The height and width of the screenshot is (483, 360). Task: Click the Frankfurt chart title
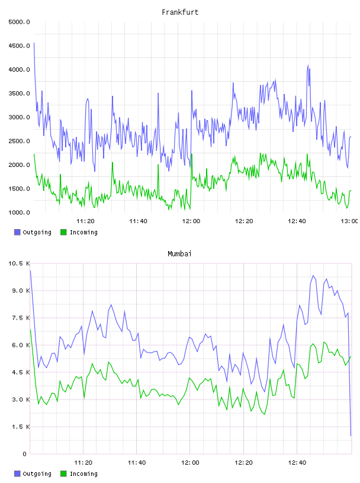pyautogui.click(x=180, y=12)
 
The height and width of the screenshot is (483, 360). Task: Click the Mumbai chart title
pyautogui.click(x=179, y=254)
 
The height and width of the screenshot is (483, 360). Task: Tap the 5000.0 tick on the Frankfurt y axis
pyautogui.click(x=19, y=22)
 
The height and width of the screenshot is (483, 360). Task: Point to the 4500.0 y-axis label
pyautogui.click(x=19, y=46)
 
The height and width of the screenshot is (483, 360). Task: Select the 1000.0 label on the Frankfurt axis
pyautogui.click(x=19, y=212)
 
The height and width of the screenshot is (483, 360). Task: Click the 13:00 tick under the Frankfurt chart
pyautogui.click(x=349, y=221)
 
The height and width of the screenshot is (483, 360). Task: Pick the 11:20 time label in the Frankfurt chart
pyautogui.click(x=85, y=221)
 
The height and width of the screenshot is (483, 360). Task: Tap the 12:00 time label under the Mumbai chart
pyautogui.click(x=190, y=463)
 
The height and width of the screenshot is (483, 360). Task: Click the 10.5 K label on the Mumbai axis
pyautogui.click(x=19, y=263)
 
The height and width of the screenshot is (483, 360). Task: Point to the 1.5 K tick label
pyautogui.click(x=21, y=427)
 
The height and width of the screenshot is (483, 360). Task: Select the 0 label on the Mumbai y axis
pyautogui.click(x=24, y=454)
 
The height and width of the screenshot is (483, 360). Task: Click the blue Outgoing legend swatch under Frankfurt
pyautogui.click(x=17, y=232)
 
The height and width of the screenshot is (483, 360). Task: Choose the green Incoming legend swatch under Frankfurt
pyautogui.click(x=63, y=232)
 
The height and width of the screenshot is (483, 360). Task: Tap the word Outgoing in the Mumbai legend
pyautogui.click(x=37, y=474)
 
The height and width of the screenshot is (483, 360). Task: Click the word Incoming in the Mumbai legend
pyautogui.click(x=83, y=474)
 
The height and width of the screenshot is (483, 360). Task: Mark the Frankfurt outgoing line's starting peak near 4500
pyautogui.click(x=34, y=43)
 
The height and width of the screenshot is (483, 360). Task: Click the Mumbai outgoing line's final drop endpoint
pyautogui.click(x=351, y=436)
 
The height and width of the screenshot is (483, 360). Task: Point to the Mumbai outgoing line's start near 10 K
pyautogui.click(x=31, y=271)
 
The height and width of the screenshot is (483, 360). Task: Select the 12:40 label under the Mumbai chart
pyautogui.click(x=297, y=463)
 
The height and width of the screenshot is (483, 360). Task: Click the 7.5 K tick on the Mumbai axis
pyautogui.click(x=21, y=318)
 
